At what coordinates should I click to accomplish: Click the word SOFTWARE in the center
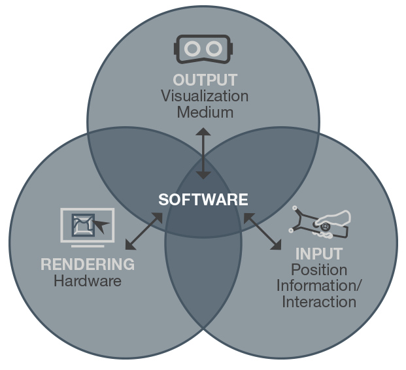[203, 199]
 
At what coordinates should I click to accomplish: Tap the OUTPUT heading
[205, 80]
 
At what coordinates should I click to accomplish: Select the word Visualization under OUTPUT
[205, 96]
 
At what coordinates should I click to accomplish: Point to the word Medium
[205, 112]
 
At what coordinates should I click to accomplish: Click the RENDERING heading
[88, 265]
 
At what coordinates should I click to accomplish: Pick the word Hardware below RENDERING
[88, 282]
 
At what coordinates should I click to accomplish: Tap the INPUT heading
[319, 254]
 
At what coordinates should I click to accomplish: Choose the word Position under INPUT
[319, 270]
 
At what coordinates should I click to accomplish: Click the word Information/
[319, 286]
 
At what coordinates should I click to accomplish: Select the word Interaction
[319, 302]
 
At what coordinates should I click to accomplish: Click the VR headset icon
[203, 48]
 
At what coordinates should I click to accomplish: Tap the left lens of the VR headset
[194, 48]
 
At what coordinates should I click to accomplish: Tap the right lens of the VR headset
[212, 48]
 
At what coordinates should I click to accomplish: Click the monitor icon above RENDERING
[88, 226]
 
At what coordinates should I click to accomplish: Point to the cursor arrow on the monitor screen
[101, 227]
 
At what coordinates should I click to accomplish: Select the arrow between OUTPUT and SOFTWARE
[203, 154]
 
